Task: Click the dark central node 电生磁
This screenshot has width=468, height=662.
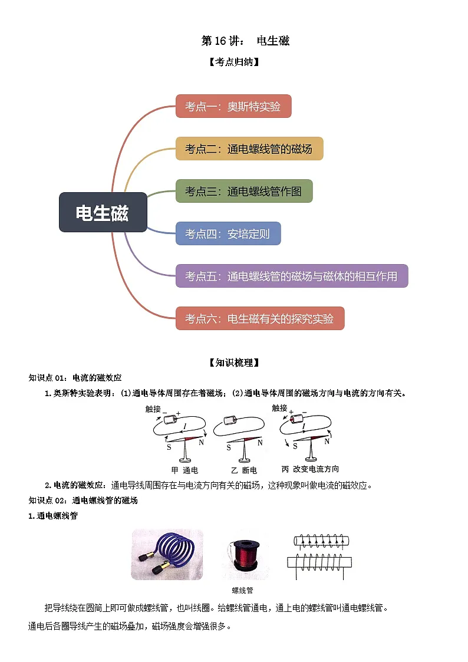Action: (x=103, y=212)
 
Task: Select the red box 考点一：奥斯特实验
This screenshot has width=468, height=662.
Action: (x=233, y=106)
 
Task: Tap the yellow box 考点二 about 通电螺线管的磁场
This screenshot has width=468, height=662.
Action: (x=249, y=149)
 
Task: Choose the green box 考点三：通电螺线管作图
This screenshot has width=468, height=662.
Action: (x=244, y=191)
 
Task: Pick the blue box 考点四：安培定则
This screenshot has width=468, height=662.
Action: (x=228, y=233)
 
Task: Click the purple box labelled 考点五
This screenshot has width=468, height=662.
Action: (x=292, y=276)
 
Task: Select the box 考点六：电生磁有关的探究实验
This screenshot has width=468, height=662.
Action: (x=260, y=318)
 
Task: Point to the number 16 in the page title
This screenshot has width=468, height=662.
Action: (x=220, y=41)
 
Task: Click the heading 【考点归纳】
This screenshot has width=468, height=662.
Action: (x=234, y=62)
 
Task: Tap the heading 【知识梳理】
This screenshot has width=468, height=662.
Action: (x=234, y=363)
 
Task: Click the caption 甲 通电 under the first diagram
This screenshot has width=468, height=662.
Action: (x=184, y=470)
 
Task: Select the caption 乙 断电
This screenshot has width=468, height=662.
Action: (x=244, y=470)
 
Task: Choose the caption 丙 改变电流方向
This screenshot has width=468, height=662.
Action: (x=310, y=469)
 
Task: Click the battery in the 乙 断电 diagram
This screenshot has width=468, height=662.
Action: (x=230, y=420)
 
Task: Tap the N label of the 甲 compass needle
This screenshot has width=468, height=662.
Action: (x=202, y=443)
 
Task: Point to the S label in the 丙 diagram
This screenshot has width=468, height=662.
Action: (x=295, y=446)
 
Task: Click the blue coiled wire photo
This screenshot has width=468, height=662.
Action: (x=167, y=554)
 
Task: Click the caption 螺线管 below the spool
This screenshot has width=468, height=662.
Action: (x=242, y=590)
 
